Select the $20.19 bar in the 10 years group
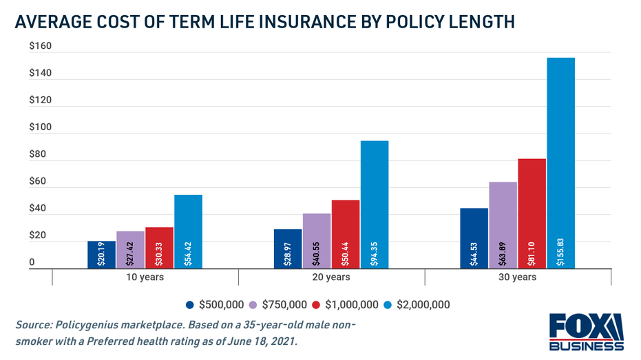101,255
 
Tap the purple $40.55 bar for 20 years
317,241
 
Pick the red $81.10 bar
532,213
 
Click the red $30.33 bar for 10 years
159,248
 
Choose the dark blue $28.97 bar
288,248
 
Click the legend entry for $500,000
214,304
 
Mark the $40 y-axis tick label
39,209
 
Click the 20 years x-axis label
331,277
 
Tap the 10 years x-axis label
145,277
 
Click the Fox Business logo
587,332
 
